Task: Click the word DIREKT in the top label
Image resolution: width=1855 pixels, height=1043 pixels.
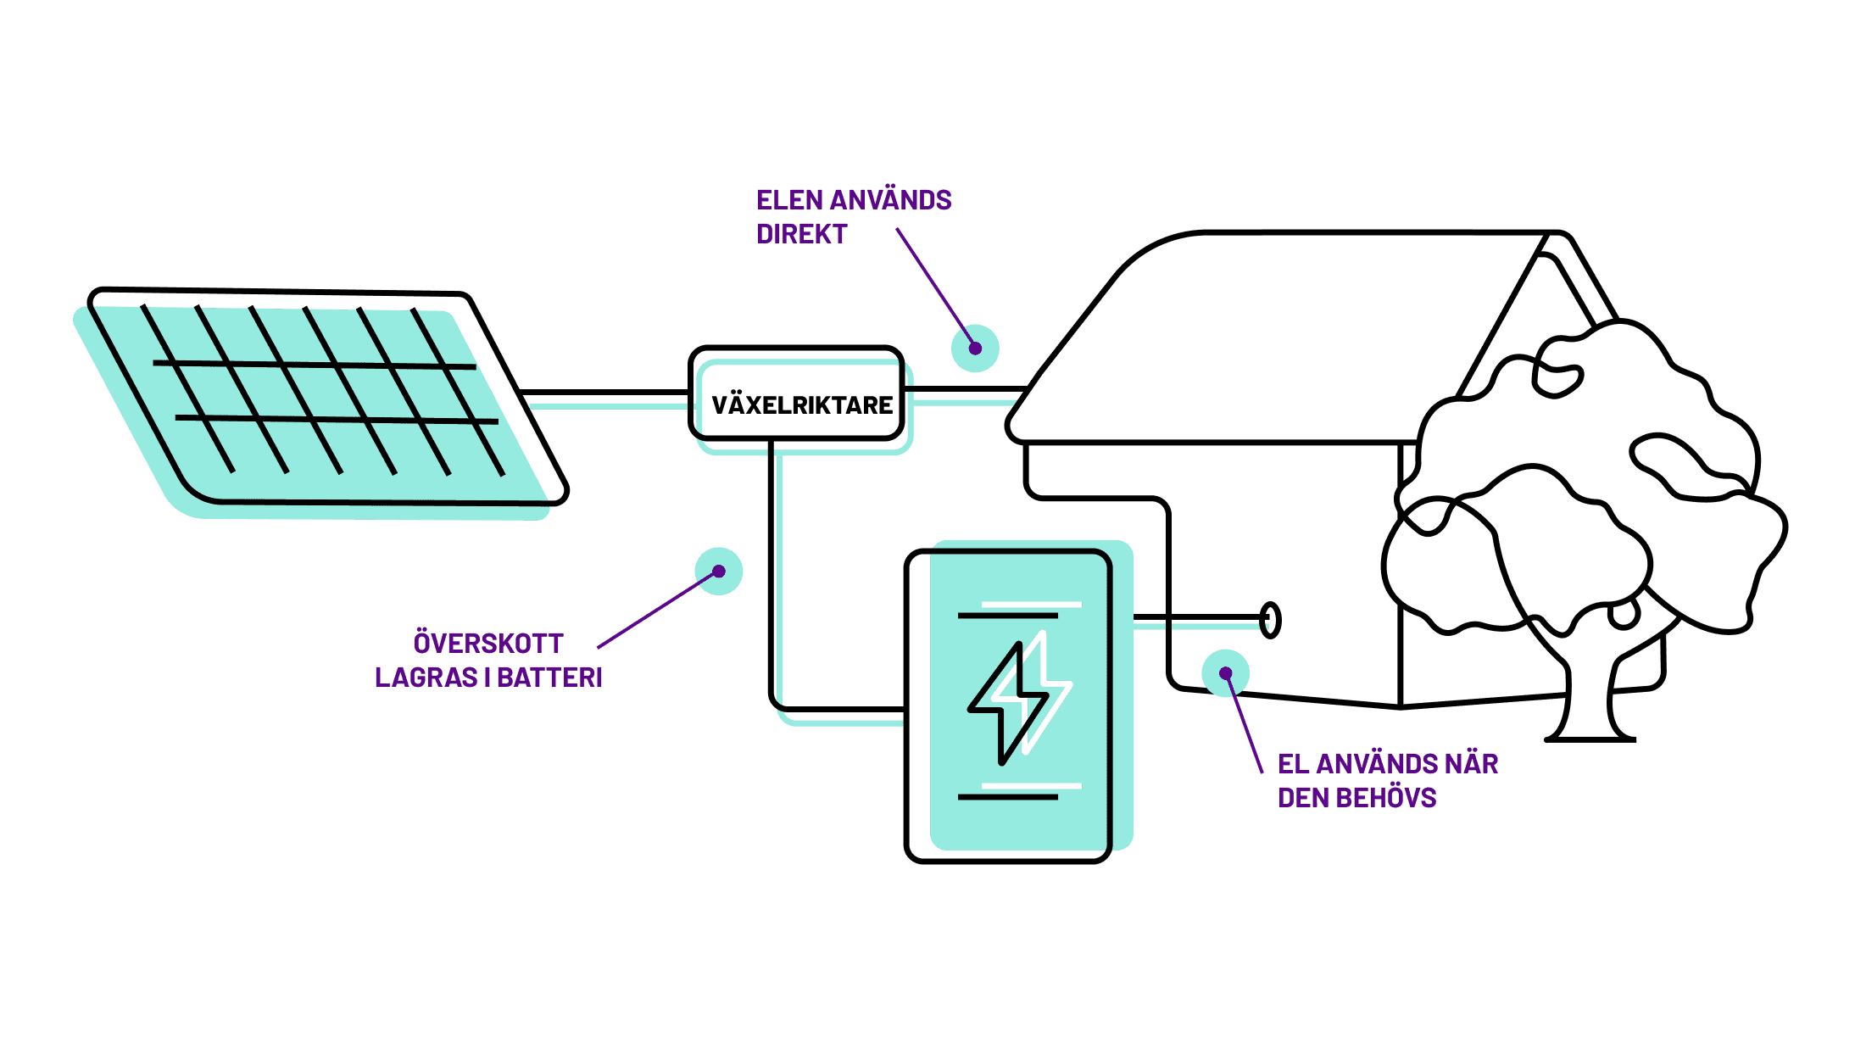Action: pos(801,234)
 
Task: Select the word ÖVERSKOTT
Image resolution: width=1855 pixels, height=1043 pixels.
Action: pos(488,644)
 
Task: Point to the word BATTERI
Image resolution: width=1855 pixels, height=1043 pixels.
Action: pos(549,678)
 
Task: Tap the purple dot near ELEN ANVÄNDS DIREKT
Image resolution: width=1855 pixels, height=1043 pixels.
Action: pos(975,348)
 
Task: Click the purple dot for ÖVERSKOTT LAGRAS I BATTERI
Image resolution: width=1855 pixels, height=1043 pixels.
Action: pos(719,572)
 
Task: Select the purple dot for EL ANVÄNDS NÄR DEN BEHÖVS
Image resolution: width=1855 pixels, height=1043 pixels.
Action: pos(1225,673)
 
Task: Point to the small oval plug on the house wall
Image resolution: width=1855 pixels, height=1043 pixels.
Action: pos(1270,620)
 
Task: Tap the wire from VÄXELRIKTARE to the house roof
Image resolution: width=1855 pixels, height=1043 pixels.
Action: pos(965,390)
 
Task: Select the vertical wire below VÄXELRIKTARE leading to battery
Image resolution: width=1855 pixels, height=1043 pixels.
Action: pos(772,577)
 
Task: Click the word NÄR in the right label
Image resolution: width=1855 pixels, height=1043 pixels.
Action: pos(1472,764)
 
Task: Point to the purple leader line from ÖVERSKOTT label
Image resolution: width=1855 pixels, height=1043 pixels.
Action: pos(657,610)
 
